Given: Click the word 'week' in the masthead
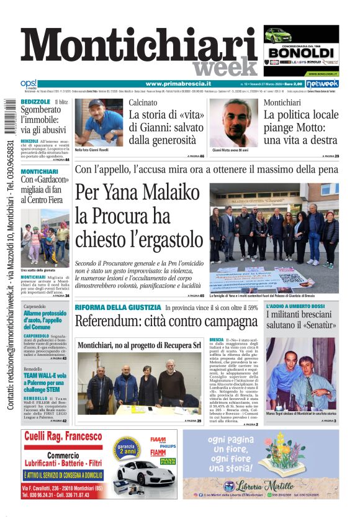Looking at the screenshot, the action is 224,66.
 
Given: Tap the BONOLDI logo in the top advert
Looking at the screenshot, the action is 300,52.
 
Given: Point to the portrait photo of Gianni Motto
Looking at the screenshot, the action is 233,122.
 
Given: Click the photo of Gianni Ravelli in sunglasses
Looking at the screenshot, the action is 98,122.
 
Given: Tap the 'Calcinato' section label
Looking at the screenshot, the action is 143,102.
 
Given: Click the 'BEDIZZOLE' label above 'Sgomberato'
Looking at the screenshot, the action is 35,101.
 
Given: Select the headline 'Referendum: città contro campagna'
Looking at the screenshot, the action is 166,321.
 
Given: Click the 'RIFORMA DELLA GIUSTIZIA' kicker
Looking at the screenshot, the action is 118,307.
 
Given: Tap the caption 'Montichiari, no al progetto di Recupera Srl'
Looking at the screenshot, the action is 140,345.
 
